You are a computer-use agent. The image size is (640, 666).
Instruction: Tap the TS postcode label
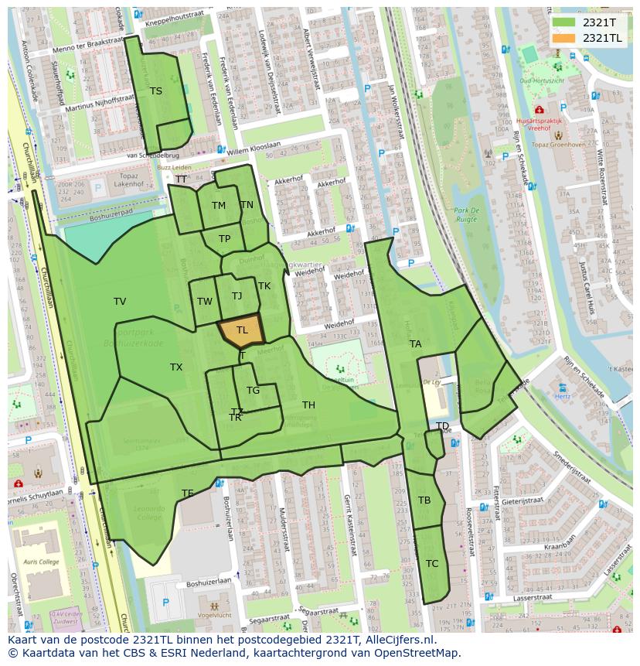coord(156,91)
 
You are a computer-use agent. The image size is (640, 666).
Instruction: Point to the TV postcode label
coord(120,302)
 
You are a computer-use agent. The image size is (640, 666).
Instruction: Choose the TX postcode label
coord(176,367)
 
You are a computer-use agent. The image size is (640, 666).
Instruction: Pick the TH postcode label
coord(308,405)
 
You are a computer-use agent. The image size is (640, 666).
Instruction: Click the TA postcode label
coord(416,344)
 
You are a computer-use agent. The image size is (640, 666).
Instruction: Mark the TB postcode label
coord(424,500)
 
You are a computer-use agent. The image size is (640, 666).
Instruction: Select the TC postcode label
coord(432,564)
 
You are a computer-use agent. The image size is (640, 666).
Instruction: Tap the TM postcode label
coord(219,206)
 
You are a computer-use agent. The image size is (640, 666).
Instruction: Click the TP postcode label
coord(224,239)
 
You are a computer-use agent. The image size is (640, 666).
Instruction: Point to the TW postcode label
coord(205,302)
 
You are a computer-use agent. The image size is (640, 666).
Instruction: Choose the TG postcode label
coord(253,391)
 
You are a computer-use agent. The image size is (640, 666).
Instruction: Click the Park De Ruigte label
coord(467,215)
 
